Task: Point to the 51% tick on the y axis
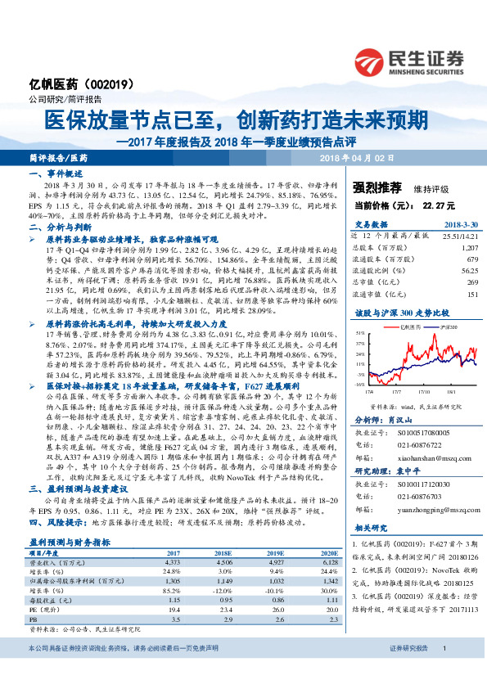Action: [361, 334]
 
